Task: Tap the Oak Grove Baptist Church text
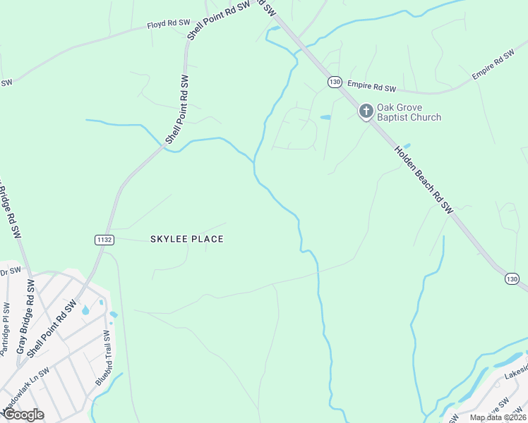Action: [409, 112]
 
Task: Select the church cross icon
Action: [366, 111]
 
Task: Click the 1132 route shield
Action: [104, 240]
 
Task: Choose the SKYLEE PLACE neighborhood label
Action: [187, 239]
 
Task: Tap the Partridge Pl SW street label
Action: [6, 328]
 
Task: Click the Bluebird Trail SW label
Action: [103, 357]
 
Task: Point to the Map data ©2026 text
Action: [498, 417]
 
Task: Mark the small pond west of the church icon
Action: [325, 117]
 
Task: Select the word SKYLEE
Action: [167, 239]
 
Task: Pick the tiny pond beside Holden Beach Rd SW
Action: [407, 146]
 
